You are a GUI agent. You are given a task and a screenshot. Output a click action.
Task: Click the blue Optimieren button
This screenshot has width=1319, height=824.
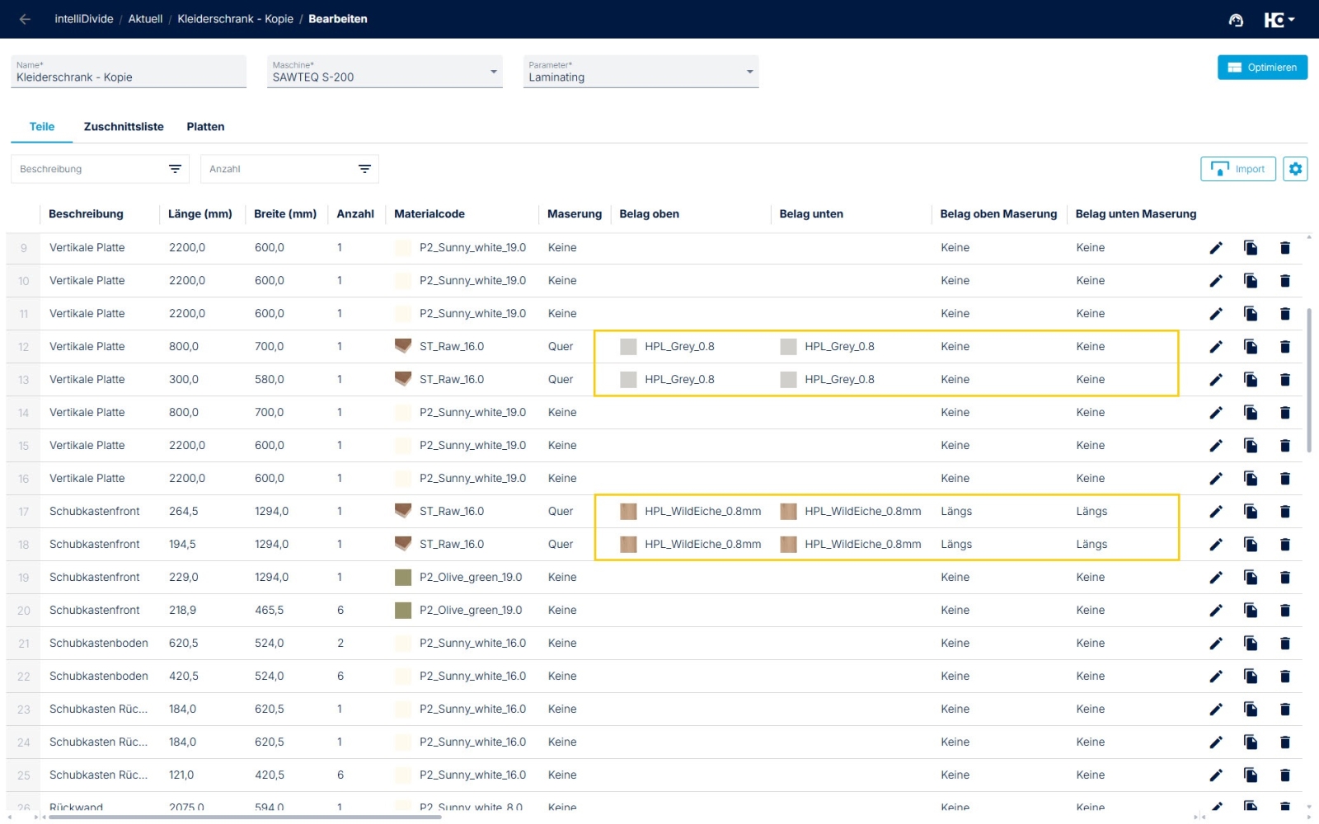(x=1262, y=68)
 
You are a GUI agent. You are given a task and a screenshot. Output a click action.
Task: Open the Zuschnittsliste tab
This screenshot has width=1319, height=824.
(x=124, y=127)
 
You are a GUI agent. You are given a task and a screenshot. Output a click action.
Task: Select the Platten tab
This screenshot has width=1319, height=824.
(x=205, y=127)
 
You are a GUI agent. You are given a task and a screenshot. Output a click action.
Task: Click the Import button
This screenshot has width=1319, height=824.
(x=1237, y=169)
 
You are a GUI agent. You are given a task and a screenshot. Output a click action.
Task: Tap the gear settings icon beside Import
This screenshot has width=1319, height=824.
(x=1295, y=169)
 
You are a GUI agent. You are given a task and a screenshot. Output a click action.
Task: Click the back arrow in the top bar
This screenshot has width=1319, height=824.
(x=25, y=19)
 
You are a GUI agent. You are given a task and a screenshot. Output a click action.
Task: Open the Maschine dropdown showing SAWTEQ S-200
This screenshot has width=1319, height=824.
(x=384, y=73)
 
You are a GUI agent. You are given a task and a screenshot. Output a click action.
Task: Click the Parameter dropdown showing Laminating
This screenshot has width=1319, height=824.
(x=641, y=73)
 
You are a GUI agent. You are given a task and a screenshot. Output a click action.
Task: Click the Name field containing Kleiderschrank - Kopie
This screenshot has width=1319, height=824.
(x=128, y=73)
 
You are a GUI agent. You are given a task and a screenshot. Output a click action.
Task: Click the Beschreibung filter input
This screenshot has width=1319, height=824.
(x=91, y=169)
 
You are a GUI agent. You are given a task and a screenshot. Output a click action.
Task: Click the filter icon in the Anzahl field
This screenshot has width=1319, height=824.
(x=364, y=169)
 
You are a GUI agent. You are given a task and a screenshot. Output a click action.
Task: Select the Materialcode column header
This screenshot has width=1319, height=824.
(x=429, y=214)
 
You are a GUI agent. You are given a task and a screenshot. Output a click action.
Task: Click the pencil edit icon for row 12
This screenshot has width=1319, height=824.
(x=1216, y=347)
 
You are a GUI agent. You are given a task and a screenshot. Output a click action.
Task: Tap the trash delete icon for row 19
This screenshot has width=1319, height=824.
(x=1284, y=578)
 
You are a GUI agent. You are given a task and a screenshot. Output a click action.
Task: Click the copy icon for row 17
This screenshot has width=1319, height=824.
(x=1251, y=512)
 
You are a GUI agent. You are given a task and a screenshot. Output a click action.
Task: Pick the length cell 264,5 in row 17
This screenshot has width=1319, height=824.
(x=183, y=512)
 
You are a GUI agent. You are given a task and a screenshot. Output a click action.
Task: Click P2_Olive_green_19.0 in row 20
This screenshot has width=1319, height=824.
(x=470, y=611)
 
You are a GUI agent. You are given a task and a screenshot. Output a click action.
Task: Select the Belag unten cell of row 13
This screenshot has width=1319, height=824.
(x=839, y=380)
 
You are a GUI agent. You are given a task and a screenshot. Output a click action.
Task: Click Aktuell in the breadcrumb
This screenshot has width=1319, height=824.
(x=145, y=19)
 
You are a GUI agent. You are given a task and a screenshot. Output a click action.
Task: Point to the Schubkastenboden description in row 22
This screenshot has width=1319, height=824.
(x=99, y=677)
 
